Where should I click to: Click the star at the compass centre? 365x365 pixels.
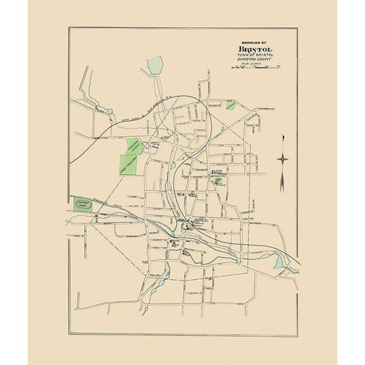[283, 158]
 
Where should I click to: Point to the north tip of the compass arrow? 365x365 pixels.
[283, 134]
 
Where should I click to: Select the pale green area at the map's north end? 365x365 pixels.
[156, 65]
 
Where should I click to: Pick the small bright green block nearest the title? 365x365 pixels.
[229, 101]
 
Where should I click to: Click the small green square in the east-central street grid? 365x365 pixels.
[219, 181]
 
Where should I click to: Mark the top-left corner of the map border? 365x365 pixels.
[68, 28]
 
